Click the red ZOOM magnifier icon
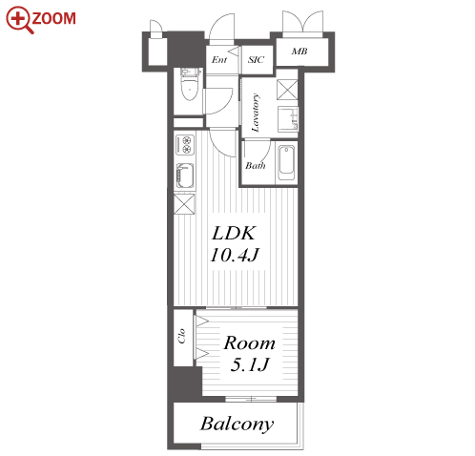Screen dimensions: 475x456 coord(18,20)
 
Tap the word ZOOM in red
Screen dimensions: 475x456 coord(54,18)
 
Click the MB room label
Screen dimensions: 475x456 coord(299,52)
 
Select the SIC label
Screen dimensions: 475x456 coord(256,59)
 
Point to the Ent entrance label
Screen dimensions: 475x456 coord(219,59)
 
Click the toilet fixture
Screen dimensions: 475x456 coord(190,85)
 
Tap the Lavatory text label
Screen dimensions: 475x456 coord(256,113)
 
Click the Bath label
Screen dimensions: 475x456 coord(256,165)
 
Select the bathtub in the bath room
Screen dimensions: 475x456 coord(286,162)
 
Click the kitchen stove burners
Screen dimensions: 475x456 coord(185,144)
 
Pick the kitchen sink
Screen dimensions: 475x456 coord(185,176)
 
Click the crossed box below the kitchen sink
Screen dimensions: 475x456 coord(184,204)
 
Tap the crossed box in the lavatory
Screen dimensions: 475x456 coord(287,90)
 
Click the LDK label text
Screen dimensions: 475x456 coord(234,234)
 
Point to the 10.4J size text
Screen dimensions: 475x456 coord(235,255)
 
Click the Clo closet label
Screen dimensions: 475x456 coord(182,336)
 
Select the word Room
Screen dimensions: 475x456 coord(249,343)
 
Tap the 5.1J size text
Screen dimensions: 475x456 coord(250,364)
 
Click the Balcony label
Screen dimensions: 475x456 coord(237,424)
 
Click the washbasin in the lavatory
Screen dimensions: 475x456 coord(288,119)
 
